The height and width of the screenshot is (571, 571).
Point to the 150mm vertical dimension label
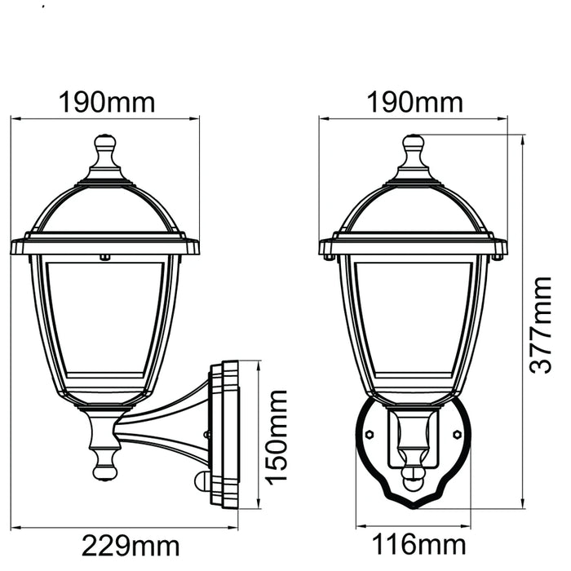277,436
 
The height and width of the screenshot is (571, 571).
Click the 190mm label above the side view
106,103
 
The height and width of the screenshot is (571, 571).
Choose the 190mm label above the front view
414,103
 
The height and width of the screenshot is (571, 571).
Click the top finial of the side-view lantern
105,151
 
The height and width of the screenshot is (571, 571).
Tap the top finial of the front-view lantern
414,151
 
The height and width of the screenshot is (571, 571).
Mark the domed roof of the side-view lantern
104,208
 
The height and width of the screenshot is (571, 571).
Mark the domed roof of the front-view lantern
414,208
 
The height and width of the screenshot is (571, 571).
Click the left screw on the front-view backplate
370,435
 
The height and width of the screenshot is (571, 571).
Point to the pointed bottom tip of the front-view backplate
414,507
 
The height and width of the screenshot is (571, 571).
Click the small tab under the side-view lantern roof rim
104,258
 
